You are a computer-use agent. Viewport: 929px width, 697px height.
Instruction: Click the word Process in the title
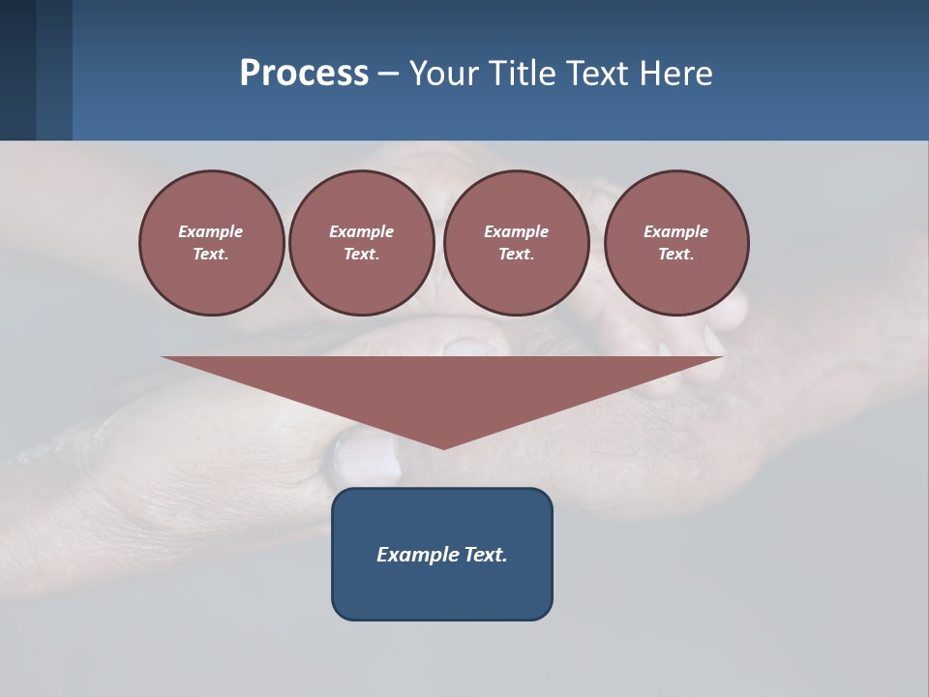pyautogui.click(x=304, y=74)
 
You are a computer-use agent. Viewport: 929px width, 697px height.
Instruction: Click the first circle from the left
pyautogui.click(x=212, y=243)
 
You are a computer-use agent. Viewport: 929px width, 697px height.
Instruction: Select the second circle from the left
pyautogui.click(x=362, y=243)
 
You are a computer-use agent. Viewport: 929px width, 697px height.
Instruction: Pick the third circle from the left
pyautogui.click(x=516, y=243)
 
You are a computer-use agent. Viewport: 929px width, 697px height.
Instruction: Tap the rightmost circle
pyautogui.click(x=676, y=243)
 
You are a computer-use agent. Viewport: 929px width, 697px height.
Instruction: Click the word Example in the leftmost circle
pyautogui.click(x=211, y=231)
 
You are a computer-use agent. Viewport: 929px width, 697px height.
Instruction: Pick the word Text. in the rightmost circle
pyautogui.click(x=676, y=255)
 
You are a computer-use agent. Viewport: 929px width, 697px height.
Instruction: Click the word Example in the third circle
pyautogui.click(x=516, y=231)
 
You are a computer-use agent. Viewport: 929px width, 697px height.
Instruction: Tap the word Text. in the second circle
pyautogui.click(x=362, y=255)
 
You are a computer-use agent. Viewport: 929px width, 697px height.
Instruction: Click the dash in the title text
pyautogui.click(x=388, y=74)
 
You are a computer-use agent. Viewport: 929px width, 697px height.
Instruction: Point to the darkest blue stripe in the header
pyautogui.click(x=17, y=70)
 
